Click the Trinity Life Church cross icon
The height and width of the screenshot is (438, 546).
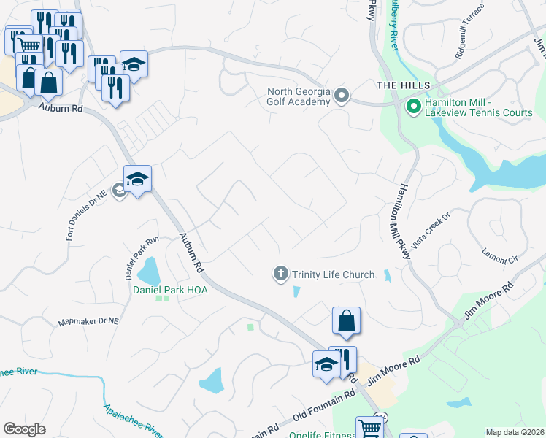pyautogui.click(x=280, y=274)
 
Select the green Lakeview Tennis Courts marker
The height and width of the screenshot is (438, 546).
pyautogui.click(x=413, y=107)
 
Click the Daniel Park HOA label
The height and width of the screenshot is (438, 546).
pyautogui.click(x=170, y=290)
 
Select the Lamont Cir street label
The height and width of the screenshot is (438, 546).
pyautogui.click(x=499, y=255)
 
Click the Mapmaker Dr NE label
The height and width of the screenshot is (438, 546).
pyautogui.click(x=88, y=321)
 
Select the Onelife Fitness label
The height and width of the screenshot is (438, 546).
pyautogui.click(x=320, y=435)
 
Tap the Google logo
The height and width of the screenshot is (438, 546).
pyautogui.click(x=24, y=429)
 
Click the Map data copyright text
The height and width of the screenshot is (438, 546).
pyautogui.click(x=515, y=432)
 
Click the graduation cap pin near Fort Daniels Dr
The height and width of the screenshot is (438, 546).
pyautogui.click(x=137, y=180)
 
